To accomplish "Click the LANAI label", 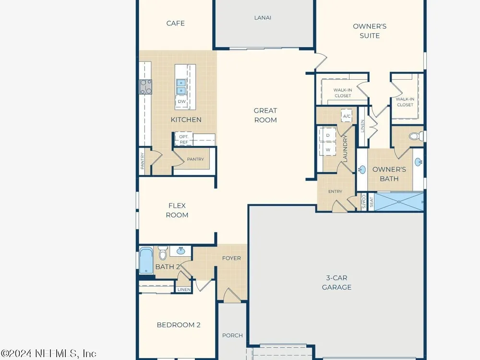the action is (x=263, y=18).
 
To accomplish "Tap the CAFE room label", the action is (x=175, y=23).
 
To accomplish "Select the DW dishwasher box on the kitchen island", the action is (x=181, y=101).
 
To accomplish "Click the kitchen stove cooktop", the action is (x=146, y=86).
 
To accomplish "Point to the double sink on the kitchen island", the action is (x=181, y=86).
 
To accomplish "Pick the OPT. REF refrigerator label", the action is (x=184, y=139).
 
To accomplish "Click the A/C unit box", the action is (x=347, y=116).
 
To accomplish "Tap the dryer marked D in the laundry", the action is (x=327, y=135).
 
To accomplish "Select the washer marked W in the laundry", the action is (x=327, y=149).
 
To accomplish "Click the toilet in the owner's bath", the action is (x=416, y=136).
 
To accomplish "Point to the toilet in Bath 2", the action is (x=163, y=253).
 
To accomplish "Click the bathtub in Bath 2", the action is (x=146, y=260).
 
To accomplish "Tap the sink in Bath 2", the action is (x=180, y=251).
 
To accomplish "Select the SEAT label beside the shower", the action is (x=371, y=202).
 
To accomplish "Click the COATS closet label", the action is (x=364, y=202).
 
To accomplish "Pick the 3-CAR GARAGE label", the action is (x=336, y=283).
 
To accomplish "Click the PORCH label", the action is (x=232, y=336).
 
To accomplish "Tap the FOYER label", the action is (x=231, y=258).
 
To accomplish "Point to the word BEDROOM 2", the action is (x=179, y=325).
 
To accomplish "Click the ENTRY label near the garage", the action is (x=335, y=192).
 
